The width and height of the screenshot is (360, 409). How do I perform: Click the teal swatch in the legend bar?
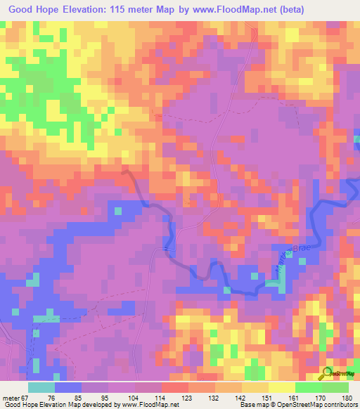[x=41, y=387]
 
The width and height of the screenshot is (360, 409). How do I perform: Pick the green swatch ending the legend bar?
[x=335, y=387]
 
